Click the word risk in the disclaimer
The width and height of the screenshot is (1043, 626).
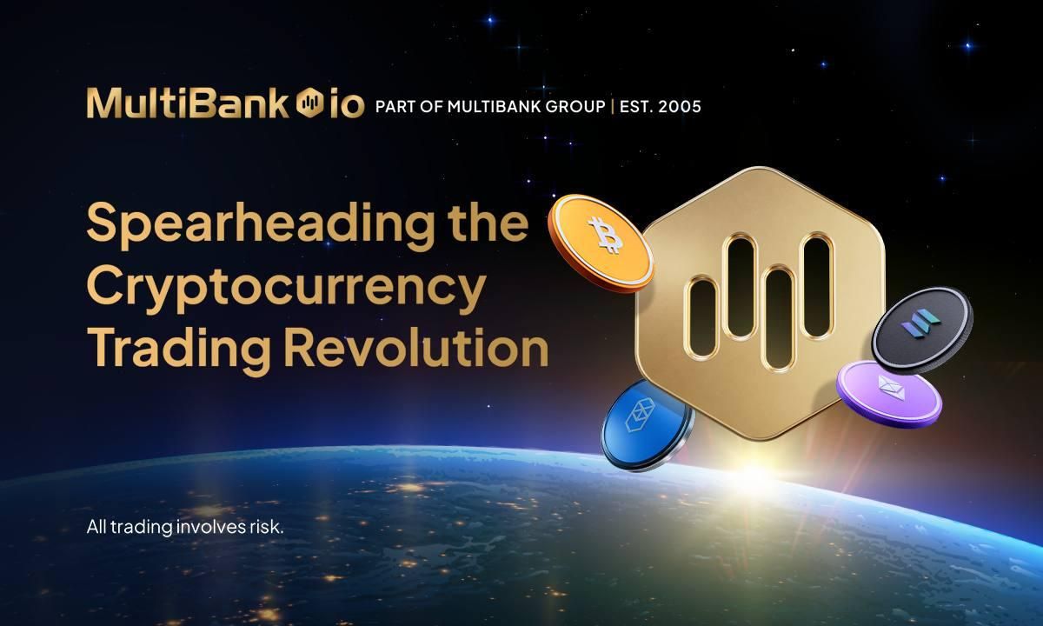tap(266, 527)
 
